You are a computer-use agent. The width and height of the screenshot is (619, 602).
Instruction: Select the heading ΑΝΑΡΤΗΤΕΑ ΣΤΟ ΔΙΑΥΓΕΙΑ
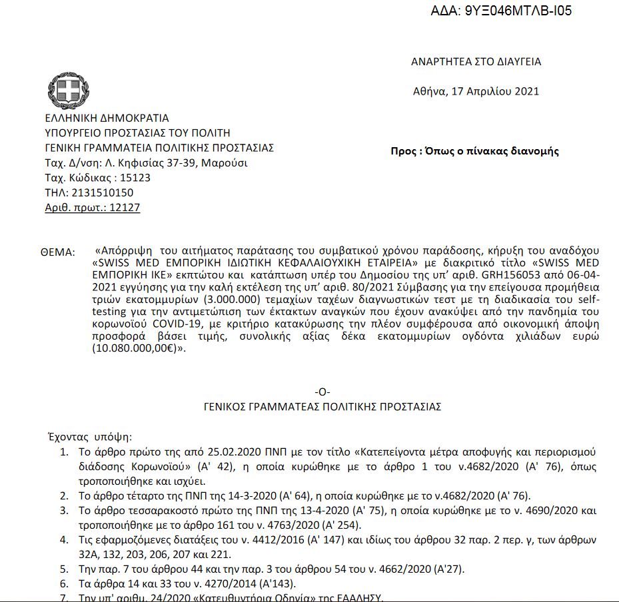coord(476,62)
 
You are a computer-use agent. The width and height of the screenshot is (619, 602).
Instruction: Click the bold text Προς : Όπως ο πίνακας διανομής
coord(474,151)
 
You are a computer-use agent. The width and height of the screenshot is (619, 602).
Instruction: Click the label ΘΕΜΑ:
coord(58,252)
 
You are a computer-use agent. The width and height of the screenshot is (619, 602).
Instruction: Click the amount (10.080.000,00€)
coord(137,348)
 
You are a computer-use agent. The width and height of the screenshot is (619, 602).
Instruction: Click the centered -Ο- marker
coord(322,392)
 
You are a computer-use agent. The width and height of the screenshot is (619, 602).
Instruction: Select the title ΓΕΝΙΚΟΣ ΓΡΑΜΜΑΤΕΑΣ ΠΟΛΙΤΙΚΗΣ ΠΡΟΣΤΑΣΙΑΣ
coord(322,406)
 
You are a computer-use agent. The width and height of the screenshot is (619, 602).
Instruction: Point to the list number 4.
coord(64,539)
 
